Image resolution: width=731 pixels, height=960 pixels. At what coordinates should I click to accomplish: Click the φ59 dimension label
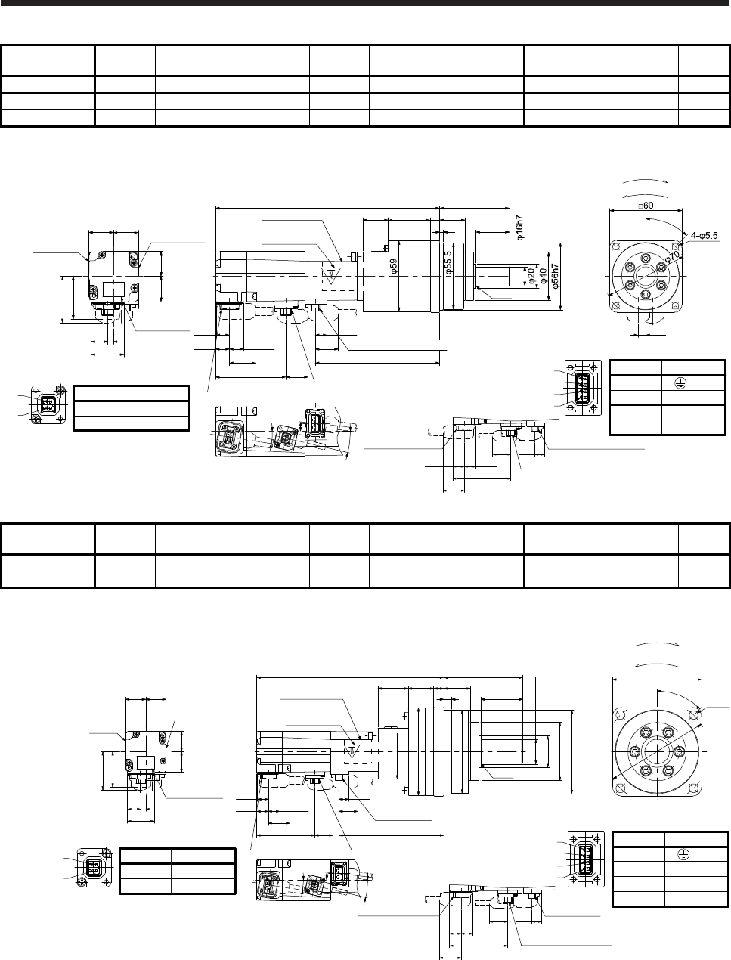tap(394, 267)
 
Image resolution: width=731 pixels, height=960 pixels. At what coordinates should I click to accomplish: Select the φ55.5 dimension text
tap(448, 263)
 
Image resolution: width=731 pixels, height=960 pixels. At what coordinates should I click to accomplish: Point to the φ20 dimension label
tap(531, 277)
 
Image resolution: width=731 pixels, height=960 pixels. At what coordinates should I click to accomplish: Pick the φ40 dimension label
tap(544, 277)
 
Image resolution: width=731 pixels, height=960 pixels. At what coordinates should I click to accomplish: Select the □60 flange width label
tap(646, 206)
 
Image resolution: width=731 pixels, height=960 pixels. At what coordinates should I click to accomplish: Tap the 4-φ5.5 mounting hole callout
tap(705, 235)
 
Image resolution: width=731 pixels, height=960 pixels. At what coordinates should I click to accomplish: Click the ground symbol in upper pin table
tap(680, 383)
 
